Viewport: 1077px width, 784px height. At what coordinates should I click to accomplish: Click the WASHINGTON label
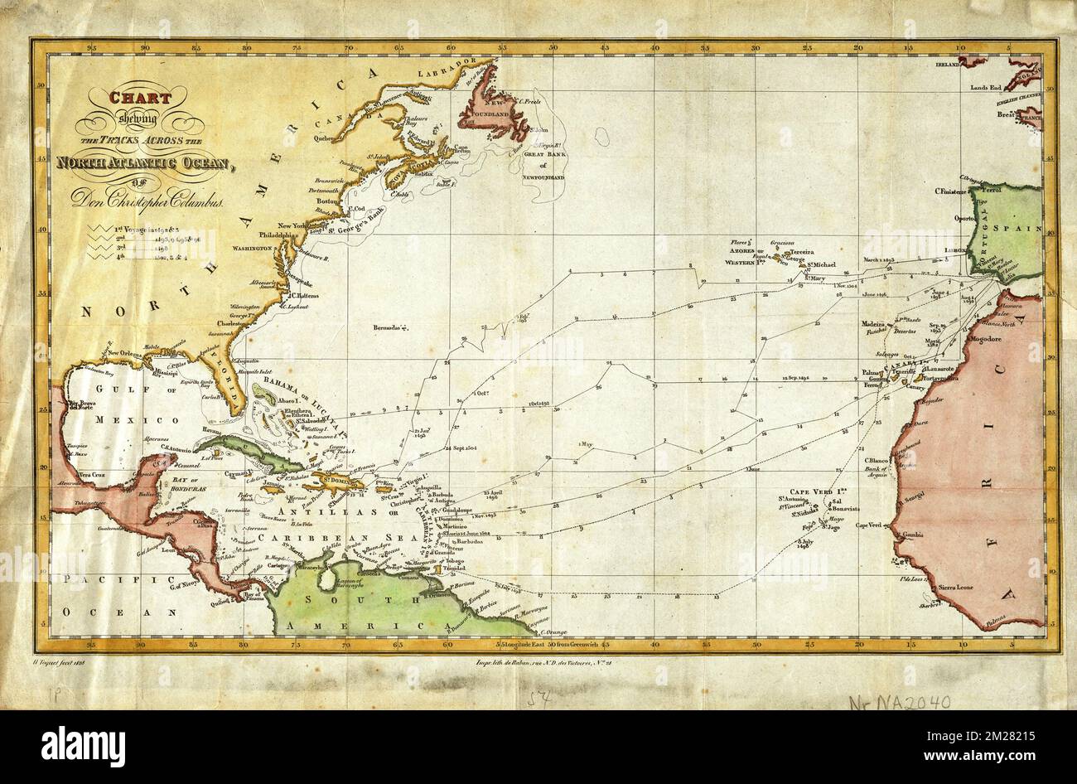point(254,248)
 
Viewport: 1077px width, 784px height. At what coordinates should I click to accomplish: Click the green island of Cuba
point(249,454)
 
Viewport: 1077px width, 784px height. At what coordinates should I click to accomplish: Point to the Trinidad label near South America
point(453,569)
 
